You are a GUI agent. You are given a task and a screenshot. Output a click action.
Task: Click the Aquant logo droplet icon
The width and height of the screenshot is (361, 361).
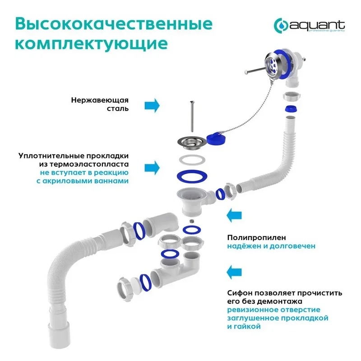281,25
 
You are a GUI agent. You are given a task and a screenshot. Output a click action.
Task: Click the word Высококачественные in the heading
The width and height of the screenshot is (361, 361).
114,24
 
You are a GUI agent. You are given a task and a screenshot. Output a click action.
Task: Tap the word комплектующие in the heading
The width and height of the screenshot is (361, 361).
92,44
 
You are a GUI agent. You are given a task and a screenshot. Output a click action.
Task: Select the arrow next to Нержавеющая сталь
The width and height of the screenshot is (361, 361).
152,106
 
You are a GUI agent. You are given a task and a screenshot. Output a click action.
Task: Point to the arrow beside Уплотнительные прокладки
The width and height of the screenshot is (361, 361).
152,168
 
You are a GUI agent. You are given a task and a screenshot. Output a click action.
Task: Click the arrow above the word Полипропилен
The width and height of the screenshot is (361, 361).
234,216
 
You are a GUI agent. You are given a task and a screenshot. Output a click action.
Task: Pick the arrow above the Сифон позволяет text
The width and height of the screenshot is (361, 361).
234,272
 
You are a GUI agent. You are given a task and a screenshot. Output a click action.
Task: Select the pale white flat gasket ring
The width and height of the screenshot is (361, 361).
192,160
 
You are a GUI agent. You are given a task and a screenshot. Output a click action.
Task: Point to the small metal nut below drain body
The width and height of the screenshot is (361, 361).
191,221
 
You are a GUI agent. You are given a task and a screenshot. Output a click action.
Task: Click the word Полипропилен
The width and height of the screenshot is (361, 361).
256,238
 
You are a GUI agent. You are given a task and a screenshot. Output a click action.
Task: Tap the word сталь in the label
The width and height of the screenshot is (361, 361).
118,108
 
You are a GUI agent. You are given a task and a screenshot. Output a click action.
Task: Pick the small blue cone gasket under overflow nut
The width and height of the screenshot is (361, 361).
291,109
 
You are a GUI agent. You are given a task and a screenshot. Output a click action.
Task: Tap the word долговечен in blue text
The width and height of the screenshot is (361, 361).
292,246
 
